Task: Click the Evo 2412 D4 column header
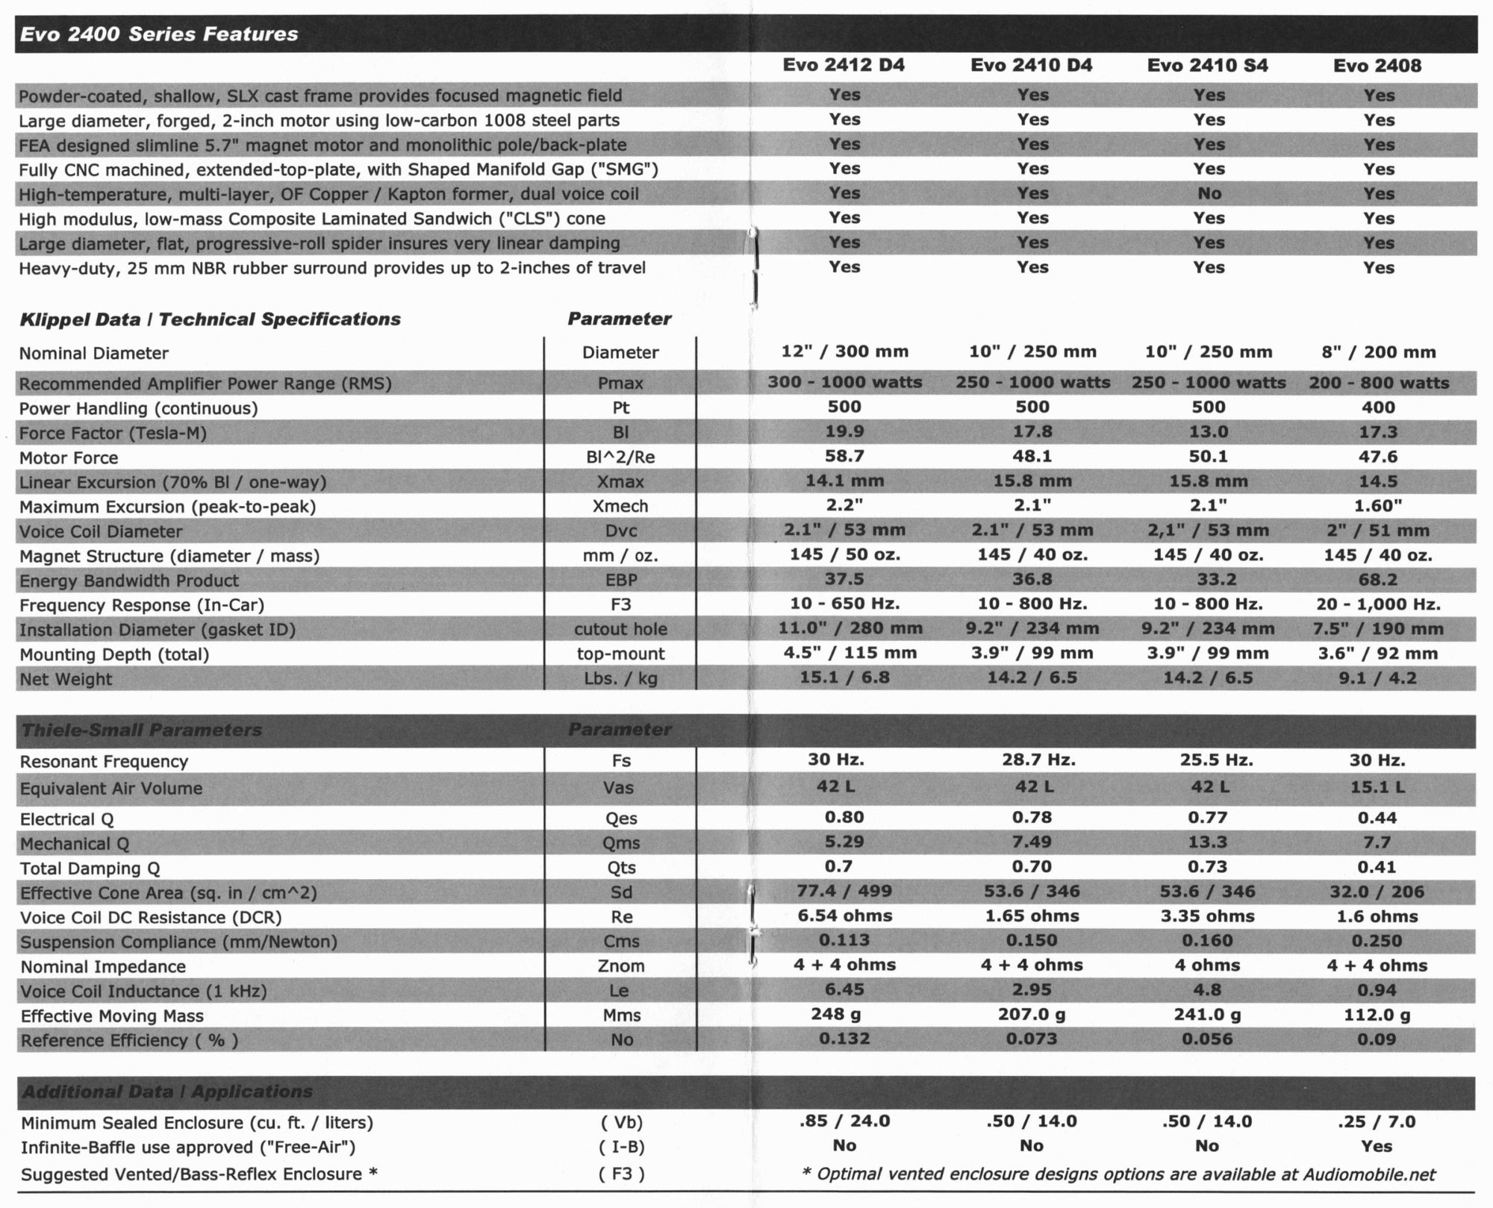tap(844, 65)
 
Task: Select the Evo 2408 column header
tap(1377, 66)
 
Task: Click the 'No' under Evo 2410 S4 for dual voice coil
tap(1209, 194)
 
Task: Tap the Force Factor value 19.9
tap(844, 432)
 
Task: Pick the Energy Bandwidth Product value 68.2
tap(1378, 580)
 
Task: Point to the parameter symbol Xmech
tap(620, 507)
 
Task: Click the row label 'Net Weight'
tap(66, 679)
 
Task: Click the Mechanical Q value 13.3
tap(1207, 842)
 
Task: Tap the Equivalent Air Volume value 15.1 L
tap(1377, 788)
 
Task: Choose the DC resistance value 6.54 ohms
tap(844, 916)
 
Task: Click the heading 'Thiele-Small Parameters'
tap(142, 730)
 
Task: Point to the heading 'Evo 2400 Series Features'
tap(158, 34)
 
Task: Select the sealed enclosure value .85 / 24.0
tap(844, 1121)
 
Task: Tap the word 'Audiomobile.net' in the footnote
tap(1369, 1174)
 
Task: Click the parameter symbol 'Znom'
tap(621, 966)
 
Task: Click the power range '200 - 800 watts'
tap(1378, 384)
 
